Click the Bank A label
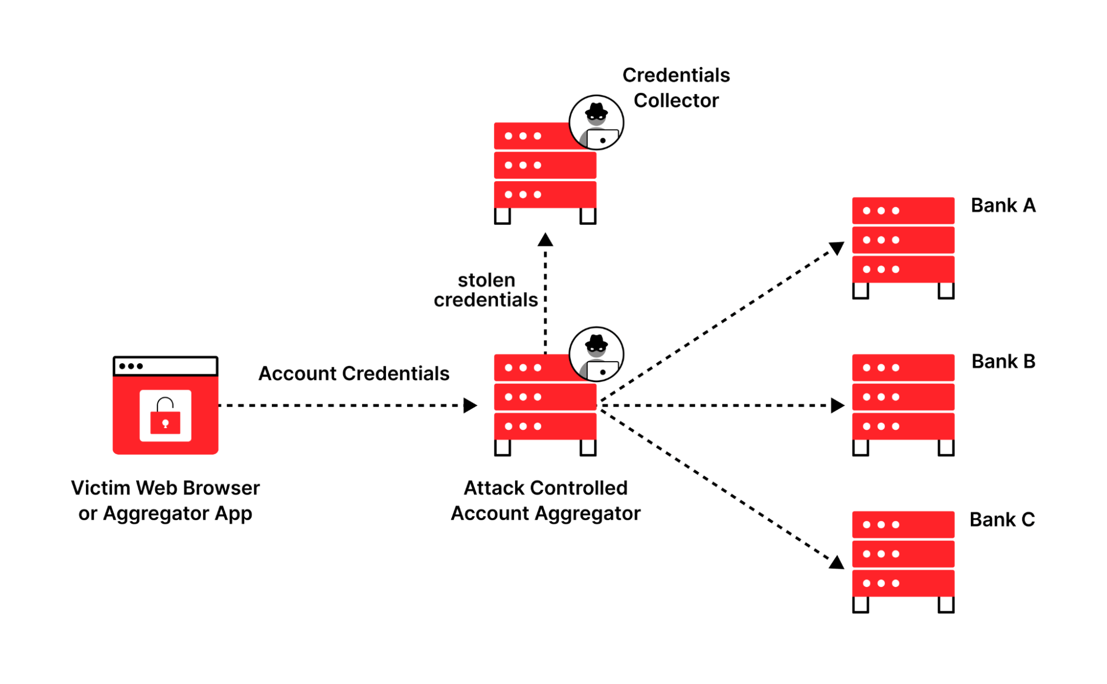tap(1002, 205)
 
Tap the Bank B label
tap(1003, 362)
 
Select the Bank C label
tap(1001, 520)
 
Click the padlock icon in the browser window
tap(165, 416)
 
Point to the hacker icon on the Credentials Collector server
tap(596, 122)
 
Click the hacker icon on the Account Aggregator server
tap(596, 354)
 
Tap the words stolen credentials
tap(486, 290)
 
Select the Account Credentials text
tap(353, 373)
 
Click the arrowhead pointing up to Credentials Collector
tap(545, 240)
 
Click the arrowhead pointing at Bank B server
tap(837, 405)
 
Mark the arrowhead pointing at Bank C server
tap(837, 563)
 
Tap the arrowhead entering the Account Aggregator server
tap(470, 405)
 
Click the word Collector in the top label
tap(676, 101)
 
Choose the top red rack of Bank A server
tap(903, 210)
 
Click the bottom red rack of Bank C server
tap(903, 583)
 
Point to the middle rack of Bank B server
tap(903, 397)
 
